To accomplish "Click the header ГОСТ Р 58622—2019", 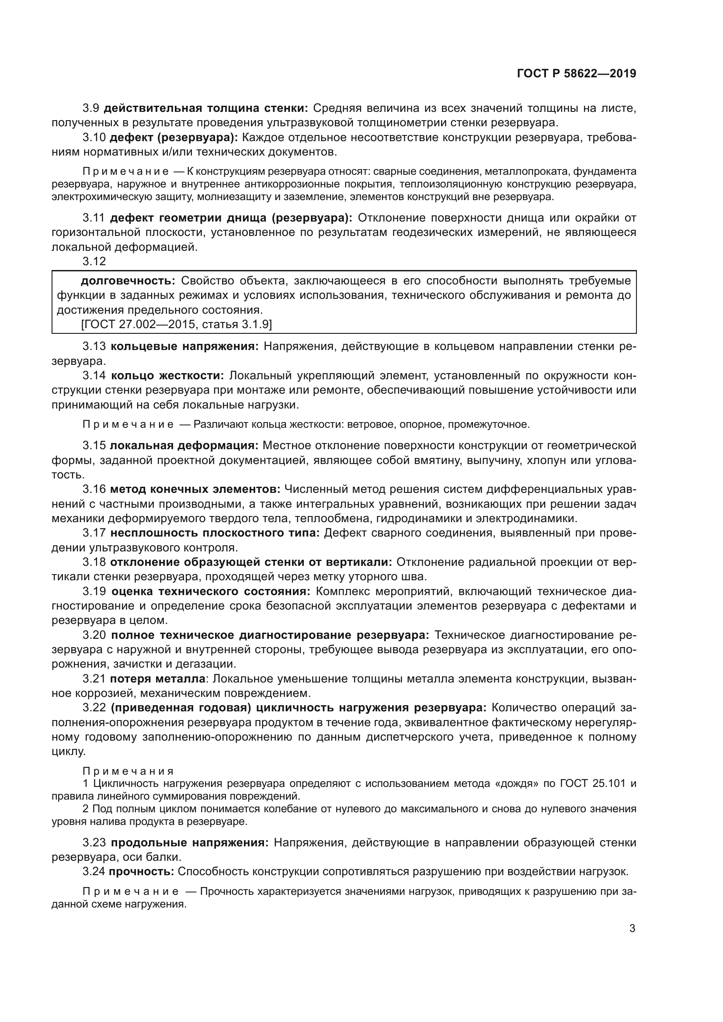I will tap(576, 73).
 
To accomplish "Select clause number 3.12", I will tap(94, 261).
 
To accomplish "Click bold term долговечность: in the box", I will tap(128, 281).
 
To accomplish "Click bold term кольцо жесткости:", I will tap(167, 375).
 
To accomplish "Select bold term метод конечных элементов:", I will tap(195, 489).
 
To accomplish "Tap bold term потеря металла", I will tap(158, 679).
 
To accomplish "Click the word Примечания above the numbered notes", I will tap(128, 771).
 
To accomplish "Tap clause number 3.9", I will tap(90, 108).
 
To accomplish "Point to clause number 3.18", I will tap(94, 562).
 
